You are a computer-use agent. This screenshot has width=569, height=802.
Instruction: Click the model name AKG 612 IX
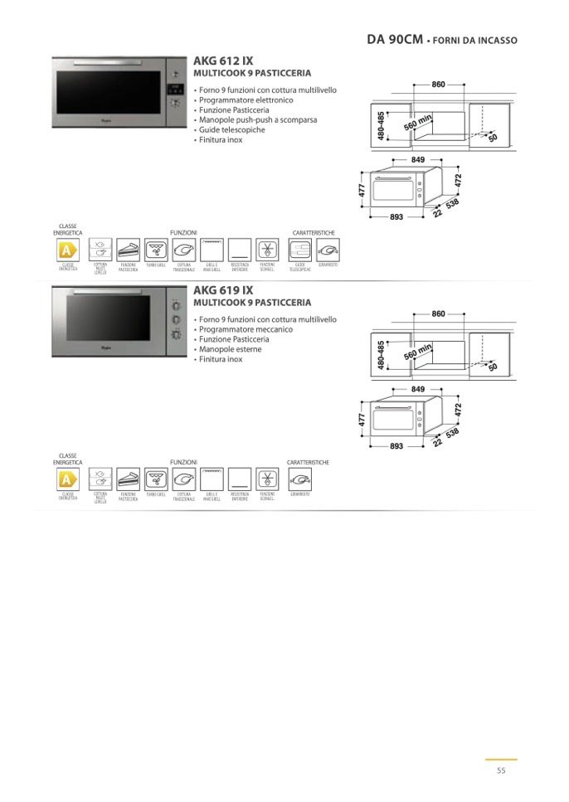click(x=222, y=61)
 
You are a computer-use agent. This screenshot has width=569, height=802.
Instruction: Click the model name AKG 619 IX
click(x=222, y=290)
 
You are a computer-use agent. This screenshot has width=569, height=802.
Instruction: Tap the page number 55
click(x=501, y=770)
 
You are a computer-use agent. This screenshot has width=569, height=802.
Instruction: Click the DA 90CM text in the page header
click(x=394, y=39)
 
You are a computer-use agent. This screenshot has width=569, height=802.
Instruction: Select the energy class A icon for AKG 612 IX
click(x=68, y=250)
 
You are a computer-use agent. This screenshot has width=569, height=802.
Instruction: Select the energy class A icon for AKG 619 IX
click(x=68, y=479)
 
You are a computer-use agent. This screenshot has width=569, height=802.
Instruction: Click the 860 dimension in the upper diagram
click(x=439, y=85)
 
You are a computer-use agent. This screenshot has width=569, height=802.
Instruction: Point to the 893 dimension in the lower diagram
click(x=396, y=446)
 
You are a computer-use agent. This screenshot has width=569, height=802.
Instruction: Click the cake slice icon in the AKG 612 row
click(x=128, y=250)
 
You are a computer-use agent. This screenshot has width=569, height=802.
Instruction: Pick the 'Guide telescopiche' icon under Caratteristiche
click(x=300, y=250)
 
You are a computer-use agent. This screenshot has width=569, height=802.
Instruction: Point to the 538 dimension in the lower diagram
click(x=453, y=432)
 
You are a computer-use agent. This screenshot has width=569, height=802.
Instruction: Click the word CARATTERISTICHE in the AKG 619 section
click(x=309, y=462)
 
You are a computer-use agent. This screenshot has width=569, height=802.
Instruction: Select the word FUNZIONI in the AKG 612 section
click(x=183, y=233)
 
